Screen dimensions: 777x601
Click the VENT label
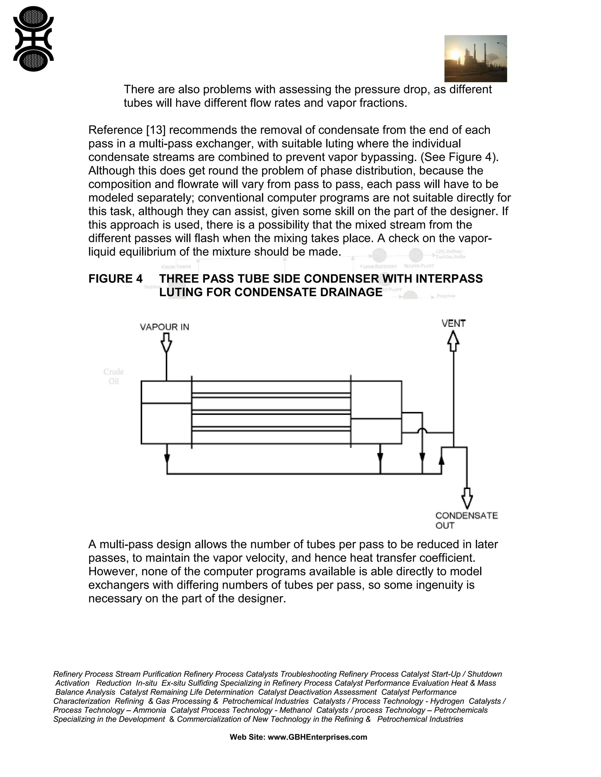pos(453,323)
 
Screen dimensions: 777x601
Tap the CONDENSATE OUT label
pos(466,520)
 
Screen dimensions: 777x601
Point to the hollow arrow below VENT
pos(453,341)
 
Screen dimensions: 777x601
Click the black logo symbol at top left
pos(33,39)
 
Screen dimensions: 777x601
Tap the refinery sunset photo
pos(475,58)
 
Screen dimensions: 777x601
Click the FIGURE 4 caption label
pos(115,279)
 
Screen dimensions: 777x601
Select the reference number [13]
pos(156,130)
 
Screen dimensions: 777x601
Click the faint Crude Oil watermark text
pos(114,376)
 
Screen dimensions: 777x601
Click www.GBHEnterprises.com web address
pos(317,737)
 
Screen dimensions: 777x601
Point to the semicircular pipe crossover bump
pos(422,431)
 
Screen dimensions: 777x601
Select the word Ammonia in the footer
pos(150,710)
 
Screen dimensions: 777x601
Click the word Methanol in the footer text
pos(295,710)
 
